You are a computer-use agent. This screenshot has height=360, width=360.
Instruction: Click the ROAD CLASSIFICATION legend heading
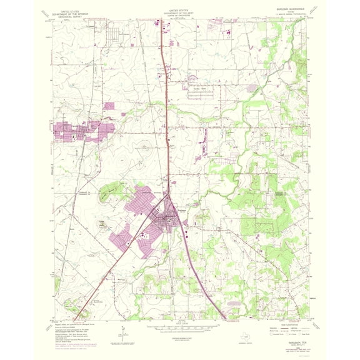293,322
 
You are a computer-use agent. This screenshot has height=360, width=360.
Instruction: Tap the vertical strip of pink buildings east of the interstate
203,141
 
